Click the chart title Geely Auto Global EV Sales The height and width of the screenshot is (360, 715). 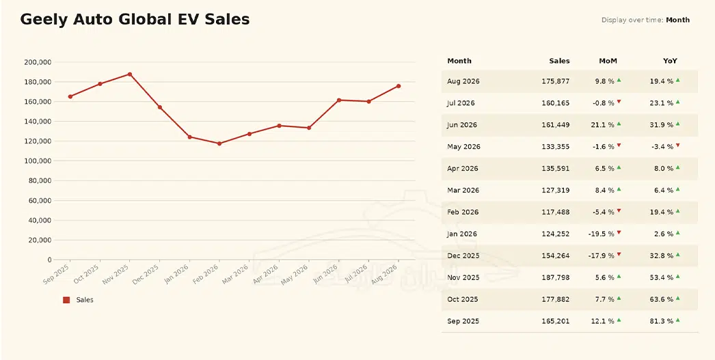point(135,20)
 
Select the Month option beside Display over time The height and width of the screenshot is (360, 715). point(677,20)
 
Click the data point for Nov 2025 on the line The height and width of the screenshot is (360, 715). point(130,74)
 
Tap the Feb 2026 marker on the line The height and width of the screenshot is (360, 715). point(219,143)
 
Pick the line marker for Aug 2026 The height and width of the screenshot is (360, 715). point(399,86)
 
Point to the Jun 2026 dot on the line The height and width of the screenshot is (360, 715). point(339,100)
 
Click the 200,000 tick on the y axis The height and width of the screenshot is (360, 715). point(38,62)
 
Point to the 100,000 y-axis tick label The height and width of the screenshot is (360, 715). point(38,161)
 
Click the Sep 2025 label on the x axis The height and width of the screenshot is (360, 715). point(57,274)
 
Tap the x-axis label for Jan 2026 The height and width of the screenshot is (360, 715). point(176,274)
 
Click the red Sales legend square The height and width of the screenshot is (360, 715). point(66,300)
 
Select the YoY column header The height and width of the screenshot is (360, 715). point(670,61)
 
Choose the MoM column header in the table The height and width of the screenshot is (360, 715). point(608,61)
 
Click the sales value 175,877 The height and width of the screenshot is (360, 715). point(556,81)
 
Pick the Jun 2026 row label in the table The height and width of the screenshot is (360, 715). point(461,125)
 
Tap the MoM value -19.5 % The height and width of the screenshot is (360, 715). point(601,234)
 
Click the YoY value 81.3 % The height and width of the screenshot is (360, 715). point(662,321)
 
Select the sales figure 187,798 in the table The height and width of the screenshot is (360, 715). point(556,277)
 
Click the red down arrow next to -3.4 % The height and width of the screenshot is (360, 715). point(677,146)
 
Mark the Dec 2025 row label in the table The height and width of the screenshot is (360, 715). point(463,255)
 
